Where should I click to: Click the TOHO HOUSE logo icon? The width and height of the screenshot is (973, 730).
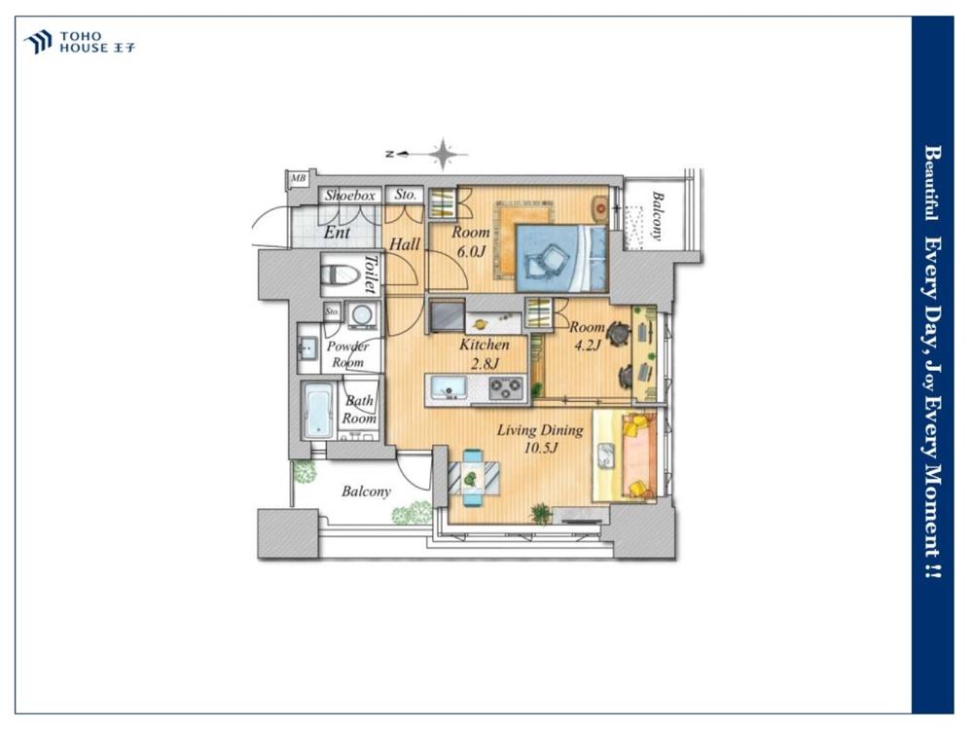coord(37,42)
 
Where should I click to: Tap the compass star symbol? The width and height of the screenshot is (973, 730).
coord(443,154)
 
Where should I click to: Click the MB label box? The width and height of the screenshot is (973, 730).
coord(299,179)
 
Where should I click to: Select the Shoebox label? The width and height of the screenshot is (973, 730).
coord(350,195)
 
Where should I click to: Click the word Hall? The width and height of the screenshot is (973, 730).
coord(405,244)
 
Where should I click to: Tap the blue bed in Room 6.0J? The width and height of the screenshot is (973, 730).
coord(561,258)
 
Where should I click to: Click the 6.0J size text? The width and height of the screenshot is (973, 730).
coord(470,252)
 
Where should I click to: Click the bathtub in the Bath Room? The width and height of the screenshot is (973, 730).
coord(319,411)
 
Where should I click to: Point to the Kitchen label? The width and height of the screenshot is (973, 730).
coord(484,345)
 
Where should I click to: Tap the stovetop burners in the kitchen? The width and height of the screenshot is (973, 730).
coord(506,389)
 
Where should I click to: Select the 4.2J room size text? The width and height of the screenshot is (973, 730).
coord(587,346)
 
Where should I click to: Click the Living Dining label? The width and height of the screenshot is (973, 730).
coord(540,430)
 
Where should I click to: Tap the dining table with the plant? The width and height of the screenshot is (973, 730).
coord(473,477)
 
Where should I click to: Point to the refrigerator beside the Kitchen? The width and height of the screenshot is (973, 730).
coord(447,316)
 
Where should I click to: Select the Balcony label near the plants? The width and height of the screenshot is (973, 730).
coord(366,492)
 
